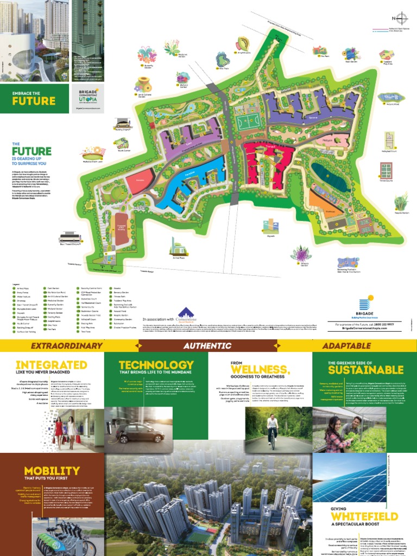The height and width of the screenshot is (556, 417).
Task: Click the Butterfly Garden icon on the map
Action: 147,54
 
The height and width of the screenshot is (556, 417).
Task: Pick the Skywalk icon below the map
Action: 270,226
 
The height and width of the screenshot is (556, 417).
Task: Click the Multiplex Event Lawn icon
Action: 93,153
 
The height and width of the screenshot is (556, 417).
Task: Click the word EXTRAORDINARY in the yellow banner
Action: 66,345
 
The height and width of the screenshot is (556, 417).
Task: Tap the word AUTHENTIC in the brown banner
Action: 207,345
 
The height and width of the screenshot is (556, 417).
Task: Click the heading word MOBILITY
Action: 52,470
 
